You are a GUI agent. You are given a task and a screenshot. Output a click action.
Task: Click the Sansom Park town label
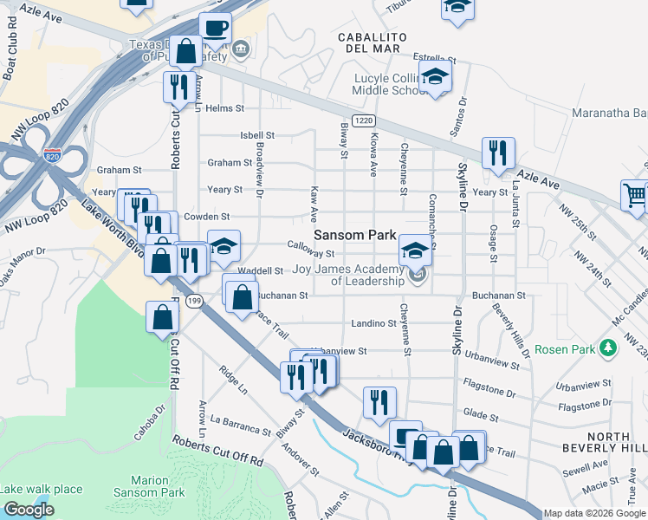click(354, 235)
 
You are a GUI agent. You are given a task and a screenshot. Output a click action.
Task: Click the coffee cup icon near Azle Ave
click(215, 27)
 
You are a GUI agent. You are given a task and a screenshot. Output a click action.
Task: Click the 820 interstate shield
click(53, 156)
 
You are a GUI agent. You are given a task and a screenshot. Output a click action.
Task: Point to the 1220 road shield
click(363, 121)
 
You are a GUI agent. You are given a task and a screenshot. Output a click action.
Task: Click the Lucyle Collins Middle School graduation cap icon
click(436, 76)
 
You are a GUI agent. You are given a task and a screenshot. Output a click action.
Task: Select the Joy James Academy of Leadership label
click(349, 275)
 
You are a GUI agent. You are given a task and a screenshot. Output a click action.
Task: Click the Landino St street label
click(373, 323)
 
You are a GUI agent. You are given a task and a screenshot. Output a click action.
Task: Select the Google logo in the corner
click(28, 510)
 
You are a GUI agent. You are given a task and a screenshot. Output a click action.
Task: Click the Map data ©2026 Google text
click(594, 513)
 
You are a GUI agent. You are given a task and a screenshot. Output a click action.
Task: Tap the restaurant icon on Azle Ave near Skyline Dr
click(498, 152)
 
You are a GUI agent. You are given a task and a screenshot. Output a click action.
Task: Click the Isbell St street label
click(257, 135)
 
